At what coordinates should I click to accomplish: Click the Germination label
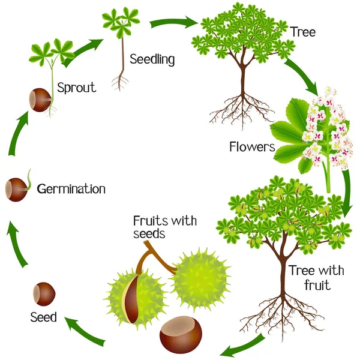coord(71,189)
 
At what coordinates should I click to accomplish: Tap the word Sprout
coord(76,88)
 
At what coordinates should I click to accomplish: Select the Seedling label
coord(152,59)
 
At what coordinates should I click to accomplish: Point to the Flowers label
coord(252,146)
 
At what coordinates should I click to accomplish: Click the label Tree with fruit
coord(316,278)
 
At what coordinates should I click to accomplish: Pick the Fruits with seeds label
coord(165,227)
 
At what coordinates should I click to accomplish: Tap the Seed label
coord(43,317)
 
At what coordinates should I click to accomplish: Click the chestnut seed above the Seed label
coord(44,294)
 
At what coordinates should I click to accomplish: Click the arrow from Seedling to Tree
coord(174,23)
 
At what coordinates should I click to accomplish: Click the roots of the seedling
coord(119,83)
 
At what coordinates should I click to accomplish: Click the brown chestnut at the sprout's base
coord(40,100)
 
